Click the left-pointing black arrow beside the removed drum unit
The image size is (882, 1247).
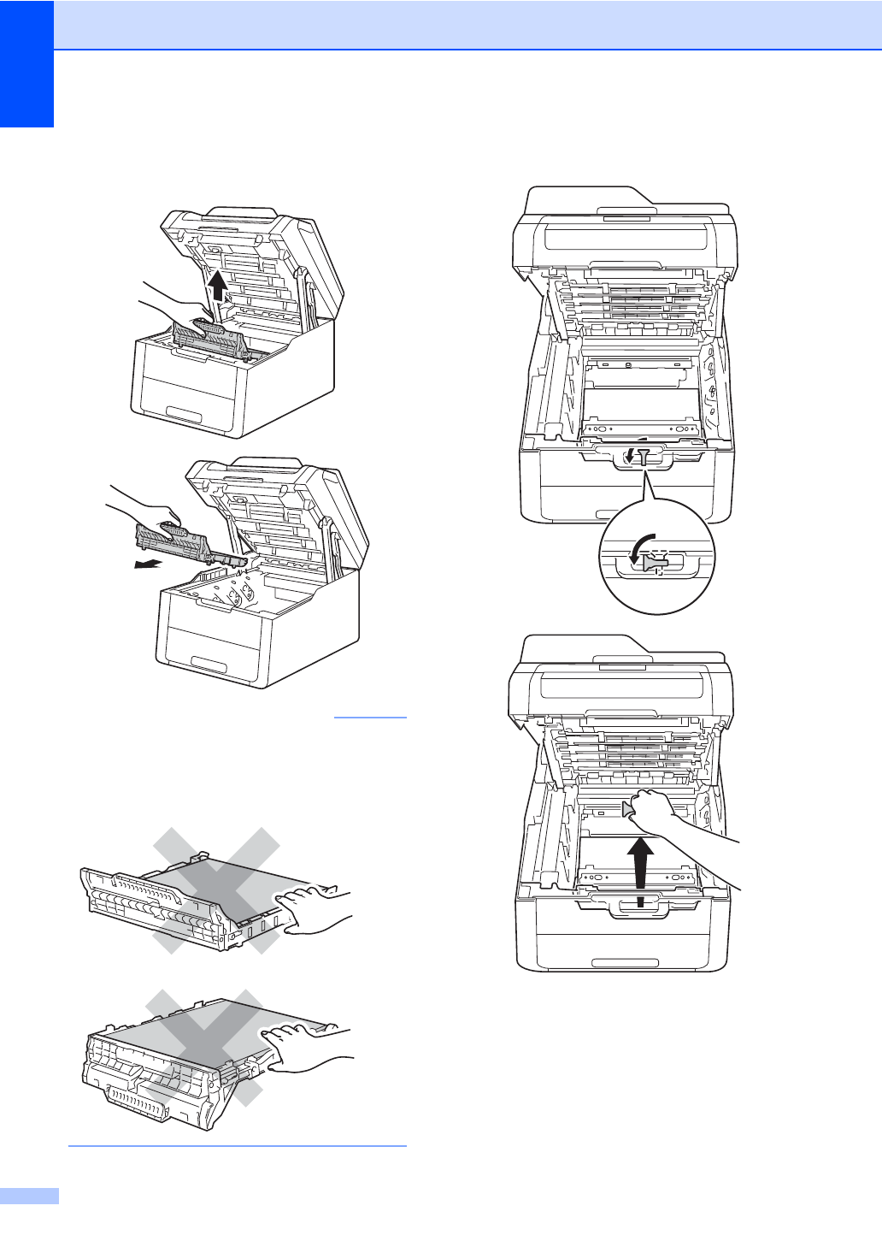click(x=147, y=564)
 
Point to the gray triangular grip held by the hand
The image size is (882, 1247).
click(x=629, y=809)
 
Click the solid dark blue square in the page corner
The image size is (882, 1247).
click(x=26, y=63)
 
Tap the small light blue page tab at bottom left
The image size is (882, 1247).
click(x=29, y=1195)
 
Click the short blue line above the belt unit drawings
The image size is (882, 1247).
click(x=370, y=717)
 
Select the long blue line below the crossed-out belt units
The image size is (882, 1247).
click(x=237, y=1145)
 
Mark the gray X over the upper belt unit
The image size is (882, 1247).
click(x=216, y=889)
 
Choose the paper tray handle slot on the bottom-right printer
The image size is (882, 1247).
click(x=624, y=962)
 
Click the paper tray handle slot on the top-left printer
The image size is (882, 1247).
click(x=185, y=415)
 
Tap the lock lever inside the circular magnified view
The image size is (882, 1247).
click(x=655, y=562)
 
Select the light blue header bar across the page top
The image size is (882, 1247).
click(x=467, y=24)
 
